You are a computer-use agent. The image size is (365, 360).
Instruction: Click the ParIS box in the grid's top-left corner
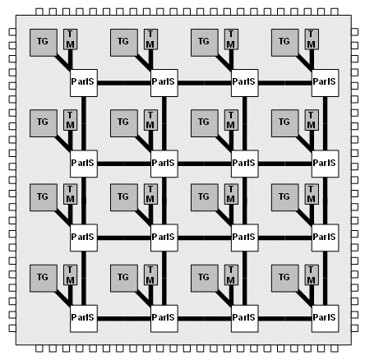(84, 83)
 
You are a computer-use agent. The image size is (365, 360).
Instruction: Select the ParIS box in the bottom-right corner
(326, 318)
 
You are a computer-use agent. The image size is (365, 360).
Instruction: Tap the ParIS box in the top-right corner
(326, 83)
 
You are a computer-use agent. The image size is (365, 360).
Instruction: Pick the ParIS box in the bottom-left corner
(84, 318)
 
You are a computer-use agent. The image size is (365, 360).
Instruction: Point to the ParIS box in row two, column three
(245, 164)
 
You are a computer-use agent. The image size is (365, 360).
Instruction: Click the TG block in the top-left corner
(44, 43)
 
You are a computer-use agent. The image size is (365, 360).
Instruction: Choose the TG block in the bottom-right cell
(285, 278)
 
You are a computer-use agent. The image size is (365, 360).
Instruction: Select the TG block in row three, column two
(124, 197)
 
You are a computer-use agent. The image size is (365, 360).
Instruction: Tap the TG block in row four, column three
(205, 278)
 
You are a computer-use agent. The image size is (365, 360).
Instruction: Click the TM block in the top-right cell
(312, 39)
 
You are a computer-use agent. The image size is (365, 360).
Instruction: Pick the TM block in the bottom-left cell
(70, 275)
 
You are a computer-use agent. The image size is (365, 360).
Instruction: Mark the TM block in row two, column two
(150, 120)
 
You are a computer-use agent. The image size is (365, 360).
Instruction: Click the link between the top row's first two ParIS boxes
(124, 83)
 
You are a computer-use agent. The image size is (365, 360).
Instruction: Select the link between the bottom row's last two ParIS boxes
(285, 319)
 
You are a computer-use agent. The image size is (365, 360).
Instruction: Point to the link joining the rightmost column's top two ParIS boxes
(326, 123)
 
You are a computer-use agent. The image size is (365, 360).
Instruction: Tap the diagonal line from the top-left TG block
(63, 62)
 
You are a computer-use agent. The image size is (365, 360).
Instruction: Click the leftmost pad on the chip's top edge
(39, 12)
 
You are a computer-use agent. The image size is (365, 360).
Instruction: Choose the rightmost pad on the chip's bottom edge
(335, 348)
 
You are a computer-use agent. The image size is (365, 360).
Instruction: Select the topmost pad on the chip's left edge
(12, 32)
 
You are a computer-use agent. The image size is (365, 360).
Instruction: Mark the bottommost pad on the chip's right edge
(354, 328)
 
